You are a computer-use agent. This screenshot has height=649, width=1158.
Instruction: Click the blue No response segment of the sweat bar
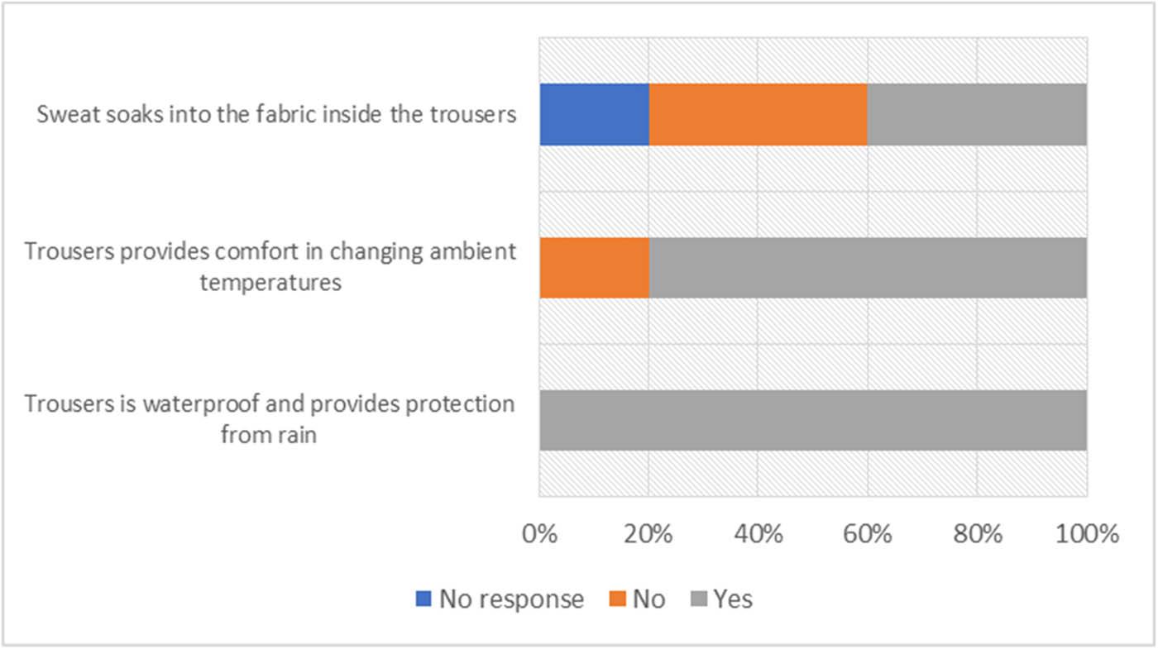tap(593, 114)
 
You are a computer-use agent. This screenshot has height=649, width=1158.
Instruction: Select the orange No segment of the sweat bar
tap(757, 114)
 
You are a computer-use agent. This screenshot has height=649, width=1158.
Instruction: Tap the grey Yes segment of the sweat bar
tap(976, 114)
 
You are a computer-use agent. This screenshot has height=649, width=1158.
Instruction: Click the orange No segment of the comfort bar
tap(593, 267)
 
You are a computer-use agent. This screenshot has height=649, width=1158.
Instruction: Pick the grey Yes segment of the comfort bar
tap(867, 267)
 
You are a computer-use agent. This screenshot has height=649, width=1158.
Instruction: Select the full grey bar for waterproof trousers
tap(812, 420)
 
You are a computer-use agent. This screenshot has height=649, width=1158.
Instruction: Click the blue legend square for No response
tap(423, 599)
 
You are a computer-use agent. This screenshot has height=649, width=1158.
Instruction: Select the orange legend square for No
tap(616, 599)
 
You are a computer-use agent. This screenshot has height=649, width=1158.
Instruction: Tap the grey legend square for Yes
tap(697, 599)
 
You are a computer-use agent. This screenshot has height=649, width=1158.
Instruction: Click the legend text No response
tap(511, 599)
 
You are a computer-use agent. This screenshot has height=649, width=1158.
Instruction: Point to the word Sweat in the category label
tap(65, 115)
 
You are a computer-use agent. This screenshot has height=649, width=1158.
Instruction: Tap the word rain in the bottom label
tap(299, 435)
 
